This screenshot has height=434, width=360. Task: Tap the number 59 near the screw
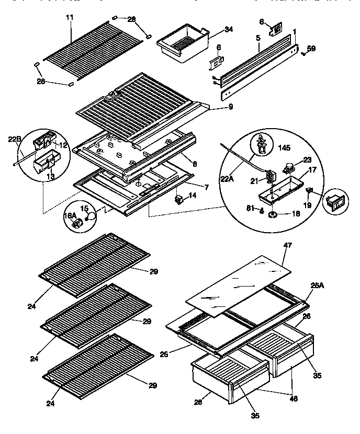[x=311, y=50]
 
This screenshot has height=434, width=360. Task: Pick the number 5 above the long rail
[x=258, y=38]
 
